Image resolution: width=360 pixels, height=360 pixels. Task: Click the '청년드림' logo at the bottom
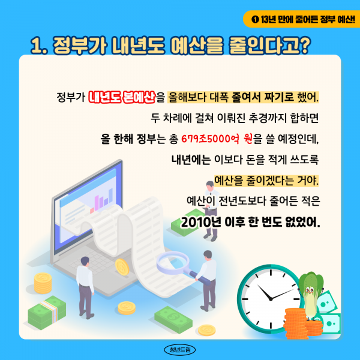(181, 349)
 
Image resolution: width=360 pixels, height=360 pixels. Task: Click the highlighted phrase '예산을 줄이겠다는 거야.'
(266, 181)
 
